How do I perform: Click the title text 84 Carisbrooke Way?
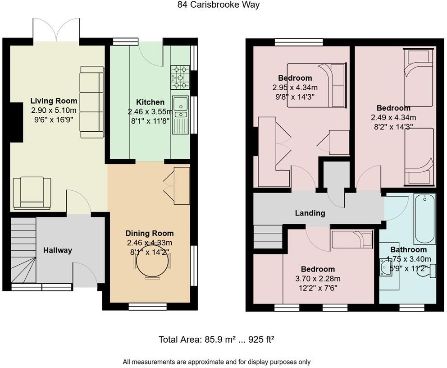point(219,5)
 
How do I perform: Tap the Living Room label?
point(54,101)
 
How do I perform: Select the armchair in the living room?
point(32,193)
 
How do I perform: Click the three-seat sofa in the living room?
point(92,101)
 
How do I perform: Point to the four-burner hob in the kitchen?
point(180,78)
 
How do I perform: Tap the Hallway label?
point(58,250)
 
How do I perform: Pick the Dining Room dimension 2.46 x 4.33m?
point(150,243)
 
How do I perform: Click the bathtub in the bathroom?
point(424,219)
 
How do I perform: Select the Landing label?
point(310,213)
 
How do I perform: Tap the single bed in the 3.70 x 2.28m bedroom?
point(352,239)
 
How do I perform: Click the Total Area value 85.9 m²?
point(218,340)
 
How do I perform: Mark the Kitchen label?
point(150,102)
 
